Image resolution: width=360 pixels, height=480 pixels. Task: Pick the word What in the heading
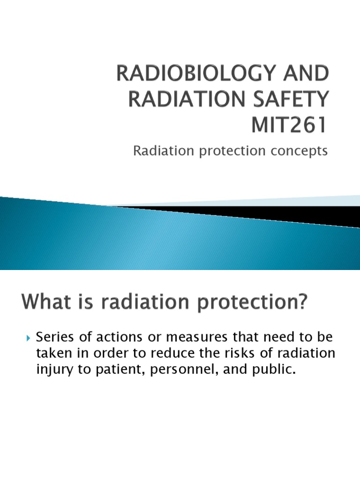tap(41, 302)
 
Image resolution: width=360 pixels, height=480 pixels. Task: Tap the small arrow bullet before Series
tap(27, 337)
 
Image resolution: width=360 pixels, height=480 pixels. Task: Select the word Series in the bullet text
tap(52, 337)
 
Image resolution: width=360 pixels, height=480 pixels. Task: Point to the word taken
tap(51, 353)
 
